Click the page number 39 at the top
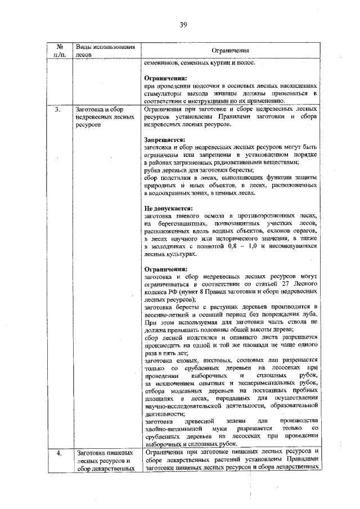pos(183,24)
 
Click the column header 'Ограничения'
pos(230,51)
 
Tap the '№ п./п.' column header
pos(58,50)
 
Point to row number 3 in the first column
pos(58,109)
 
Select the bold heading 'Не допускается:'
pos(169,208)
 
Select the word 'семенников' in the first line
pos(163,62)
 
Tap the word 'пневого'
pos(190,216)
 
